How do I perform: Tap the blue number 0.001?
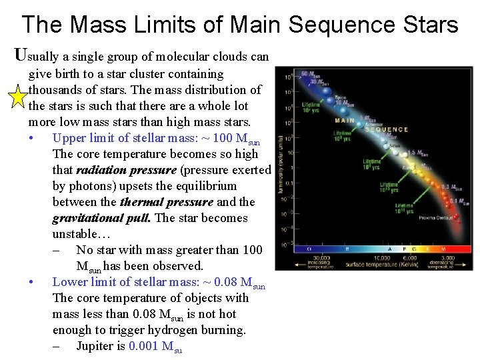144,346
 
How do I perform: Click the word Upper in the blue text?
68,138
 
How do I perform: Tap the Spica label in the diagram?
341,97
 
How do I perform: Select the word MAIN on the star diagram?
345,121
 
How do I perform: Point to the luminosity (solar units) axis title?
281,160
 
